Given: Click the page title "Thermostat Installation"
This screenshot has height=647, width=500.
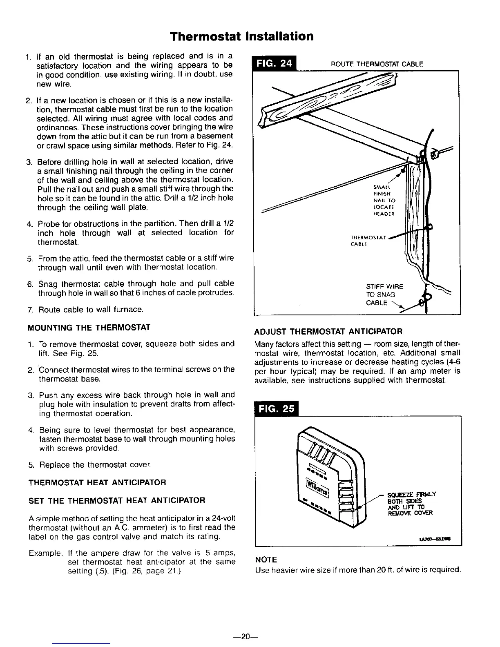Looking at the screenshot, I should pos(242,36).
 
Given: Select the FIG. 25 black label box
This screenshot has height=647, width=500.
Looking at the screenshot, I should pos(276,409).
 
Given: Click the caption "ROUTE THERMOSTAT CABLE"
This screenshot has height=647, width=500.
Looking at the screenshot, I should pos(377,64).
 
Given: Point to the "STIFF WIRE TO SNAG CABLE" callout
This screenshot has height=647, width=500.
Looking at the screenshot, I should pos(384,294).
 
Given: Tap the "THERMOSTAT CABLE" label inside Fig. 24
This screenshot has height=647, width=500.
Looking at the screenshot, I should pos(366,241).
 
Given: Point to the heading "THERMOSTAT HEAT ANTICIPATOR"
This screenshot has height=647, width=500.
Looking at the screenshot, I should pos(96,482).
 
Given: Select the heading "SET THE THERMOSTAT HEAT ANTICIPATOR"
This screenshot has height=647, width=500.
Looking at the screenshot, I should pos(116,500).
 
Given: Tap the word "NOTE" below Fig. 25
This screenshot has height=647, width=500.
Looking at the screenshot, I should pos(266,559).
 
